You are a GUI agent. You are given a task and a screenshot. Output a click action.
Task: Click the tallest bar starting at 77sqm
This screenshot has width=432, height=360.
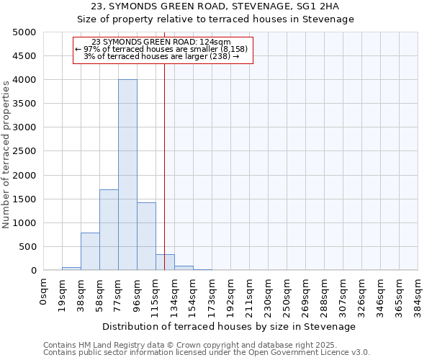(x=127, y=175)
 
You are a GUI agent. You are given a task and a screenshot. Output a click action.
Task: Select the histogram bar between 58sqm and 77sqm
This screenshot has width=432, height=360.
(x=109, y=230)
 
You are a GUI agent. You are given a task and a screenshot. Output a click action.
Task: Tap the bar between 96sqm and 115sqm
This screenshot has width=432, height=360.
(x=146, y=236)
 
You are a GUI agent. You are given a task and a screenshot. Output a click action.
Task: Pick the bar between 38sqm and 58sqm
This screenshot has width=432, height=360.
(x=90, y=251)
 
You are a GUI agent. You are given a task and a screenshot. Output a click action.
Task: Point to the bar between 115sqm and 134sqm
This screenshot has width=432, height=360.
(x=165, y=263)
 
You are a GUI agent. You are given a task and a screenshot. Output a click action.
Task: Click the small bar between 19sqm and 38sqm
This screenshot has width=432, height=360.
(x=71, y=269)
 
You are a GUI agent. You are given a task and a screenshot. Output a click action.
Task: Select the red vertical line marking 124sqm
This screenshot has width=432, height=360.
(x=165, y=144)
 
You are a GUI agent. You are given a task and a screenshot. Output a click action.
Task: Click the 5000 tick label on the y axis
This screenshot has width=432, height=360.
(x=24, y=32)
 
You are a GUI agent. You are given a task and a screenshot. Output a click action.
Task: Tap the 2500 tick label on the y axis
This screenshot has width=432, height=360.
(x=24, y=151)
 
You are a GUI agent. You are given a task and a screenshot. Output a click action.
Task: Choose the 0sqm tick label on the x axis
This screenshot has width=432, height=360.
(x=44, y=292)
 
